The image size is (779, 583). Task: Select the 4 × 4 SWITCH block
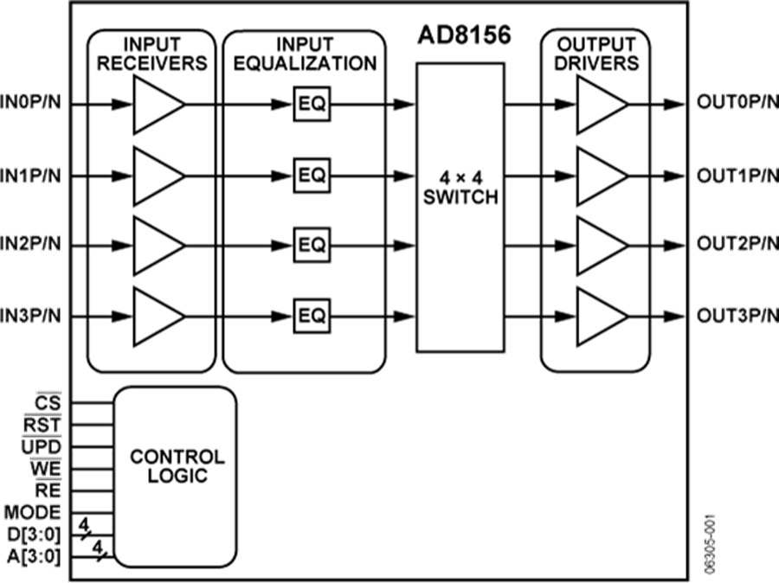pyautogui.click(x=460, y=208)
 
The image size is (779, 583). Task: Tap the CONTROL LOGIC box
pyautogui.click(x=177, y=465)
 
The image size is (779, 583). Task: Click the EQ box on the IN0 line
pyautogui.click(x=312, y=105)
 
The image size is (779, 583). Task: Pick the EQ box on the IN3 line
pyautogui.click(x=312, y=315)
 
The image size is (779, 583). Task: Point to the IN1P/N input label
pyautogui.click(x=31, y=176)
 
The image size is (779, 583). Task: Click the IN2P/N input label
pyautogui.click(x=31, y=246)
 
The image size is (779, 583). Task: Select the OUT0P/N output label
pyautogui.click(x=737, y=105)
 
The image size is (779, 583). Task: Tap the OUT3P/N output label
pyautogui.click(x=737, y=315)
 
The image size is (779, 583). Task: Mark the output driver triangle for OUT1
pyautogui.click(x=600, y=176)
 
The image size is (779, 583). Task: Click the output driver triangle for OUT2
pyautogui.click(x=600, y=246)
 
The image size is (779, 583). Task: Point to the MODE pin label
pyautogui.click(x=33, y=511)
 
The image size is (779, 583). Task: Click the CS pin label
pyautogui.click(x=48, y=402)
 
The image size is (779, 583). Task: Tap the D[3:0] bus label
pyautogui.click(x=33, y=534)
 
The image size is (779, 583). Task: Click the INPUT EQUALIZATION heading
pyautogui.click(x=303, y=54)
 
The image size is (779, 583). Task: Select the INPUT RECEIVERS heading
pyautogui.click(x=152, y=54)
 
